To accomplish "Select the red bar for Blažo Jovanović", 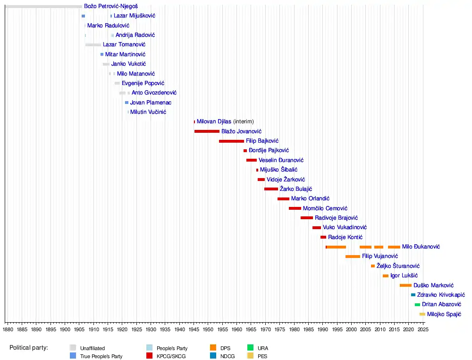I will tap(207, 131).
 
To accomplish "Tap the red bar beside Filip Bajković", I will tap(231, 141).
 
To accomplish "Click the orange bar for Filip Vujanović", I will tap(353, 257).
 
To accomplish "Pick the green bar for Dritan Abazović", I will tap(417, 305).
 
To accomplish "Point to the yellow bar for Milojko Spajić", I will tap(422, 314).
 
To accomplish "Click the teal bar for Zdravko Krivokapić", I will tap(413, 295).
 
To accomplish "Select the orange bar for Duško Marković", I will tap(405, 285).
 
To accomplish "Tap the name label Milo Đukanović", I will tap(421, 247).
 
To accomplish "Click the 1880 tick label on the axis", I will tap(8, 328).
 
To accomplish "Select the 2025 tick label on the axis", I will tap(423, 328).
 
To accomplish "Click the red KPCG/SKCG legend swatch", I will tap(149, 356).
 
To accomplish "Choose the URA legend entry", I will tap(262, 348).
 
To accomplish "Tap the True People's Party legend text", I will tap(101, 356).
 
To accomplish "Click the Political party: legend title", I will tap(29, 348).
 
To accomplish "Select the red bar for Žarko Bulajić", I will tap(271, 189).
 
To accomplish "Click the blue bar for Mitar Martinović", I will tap(101, 54).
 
